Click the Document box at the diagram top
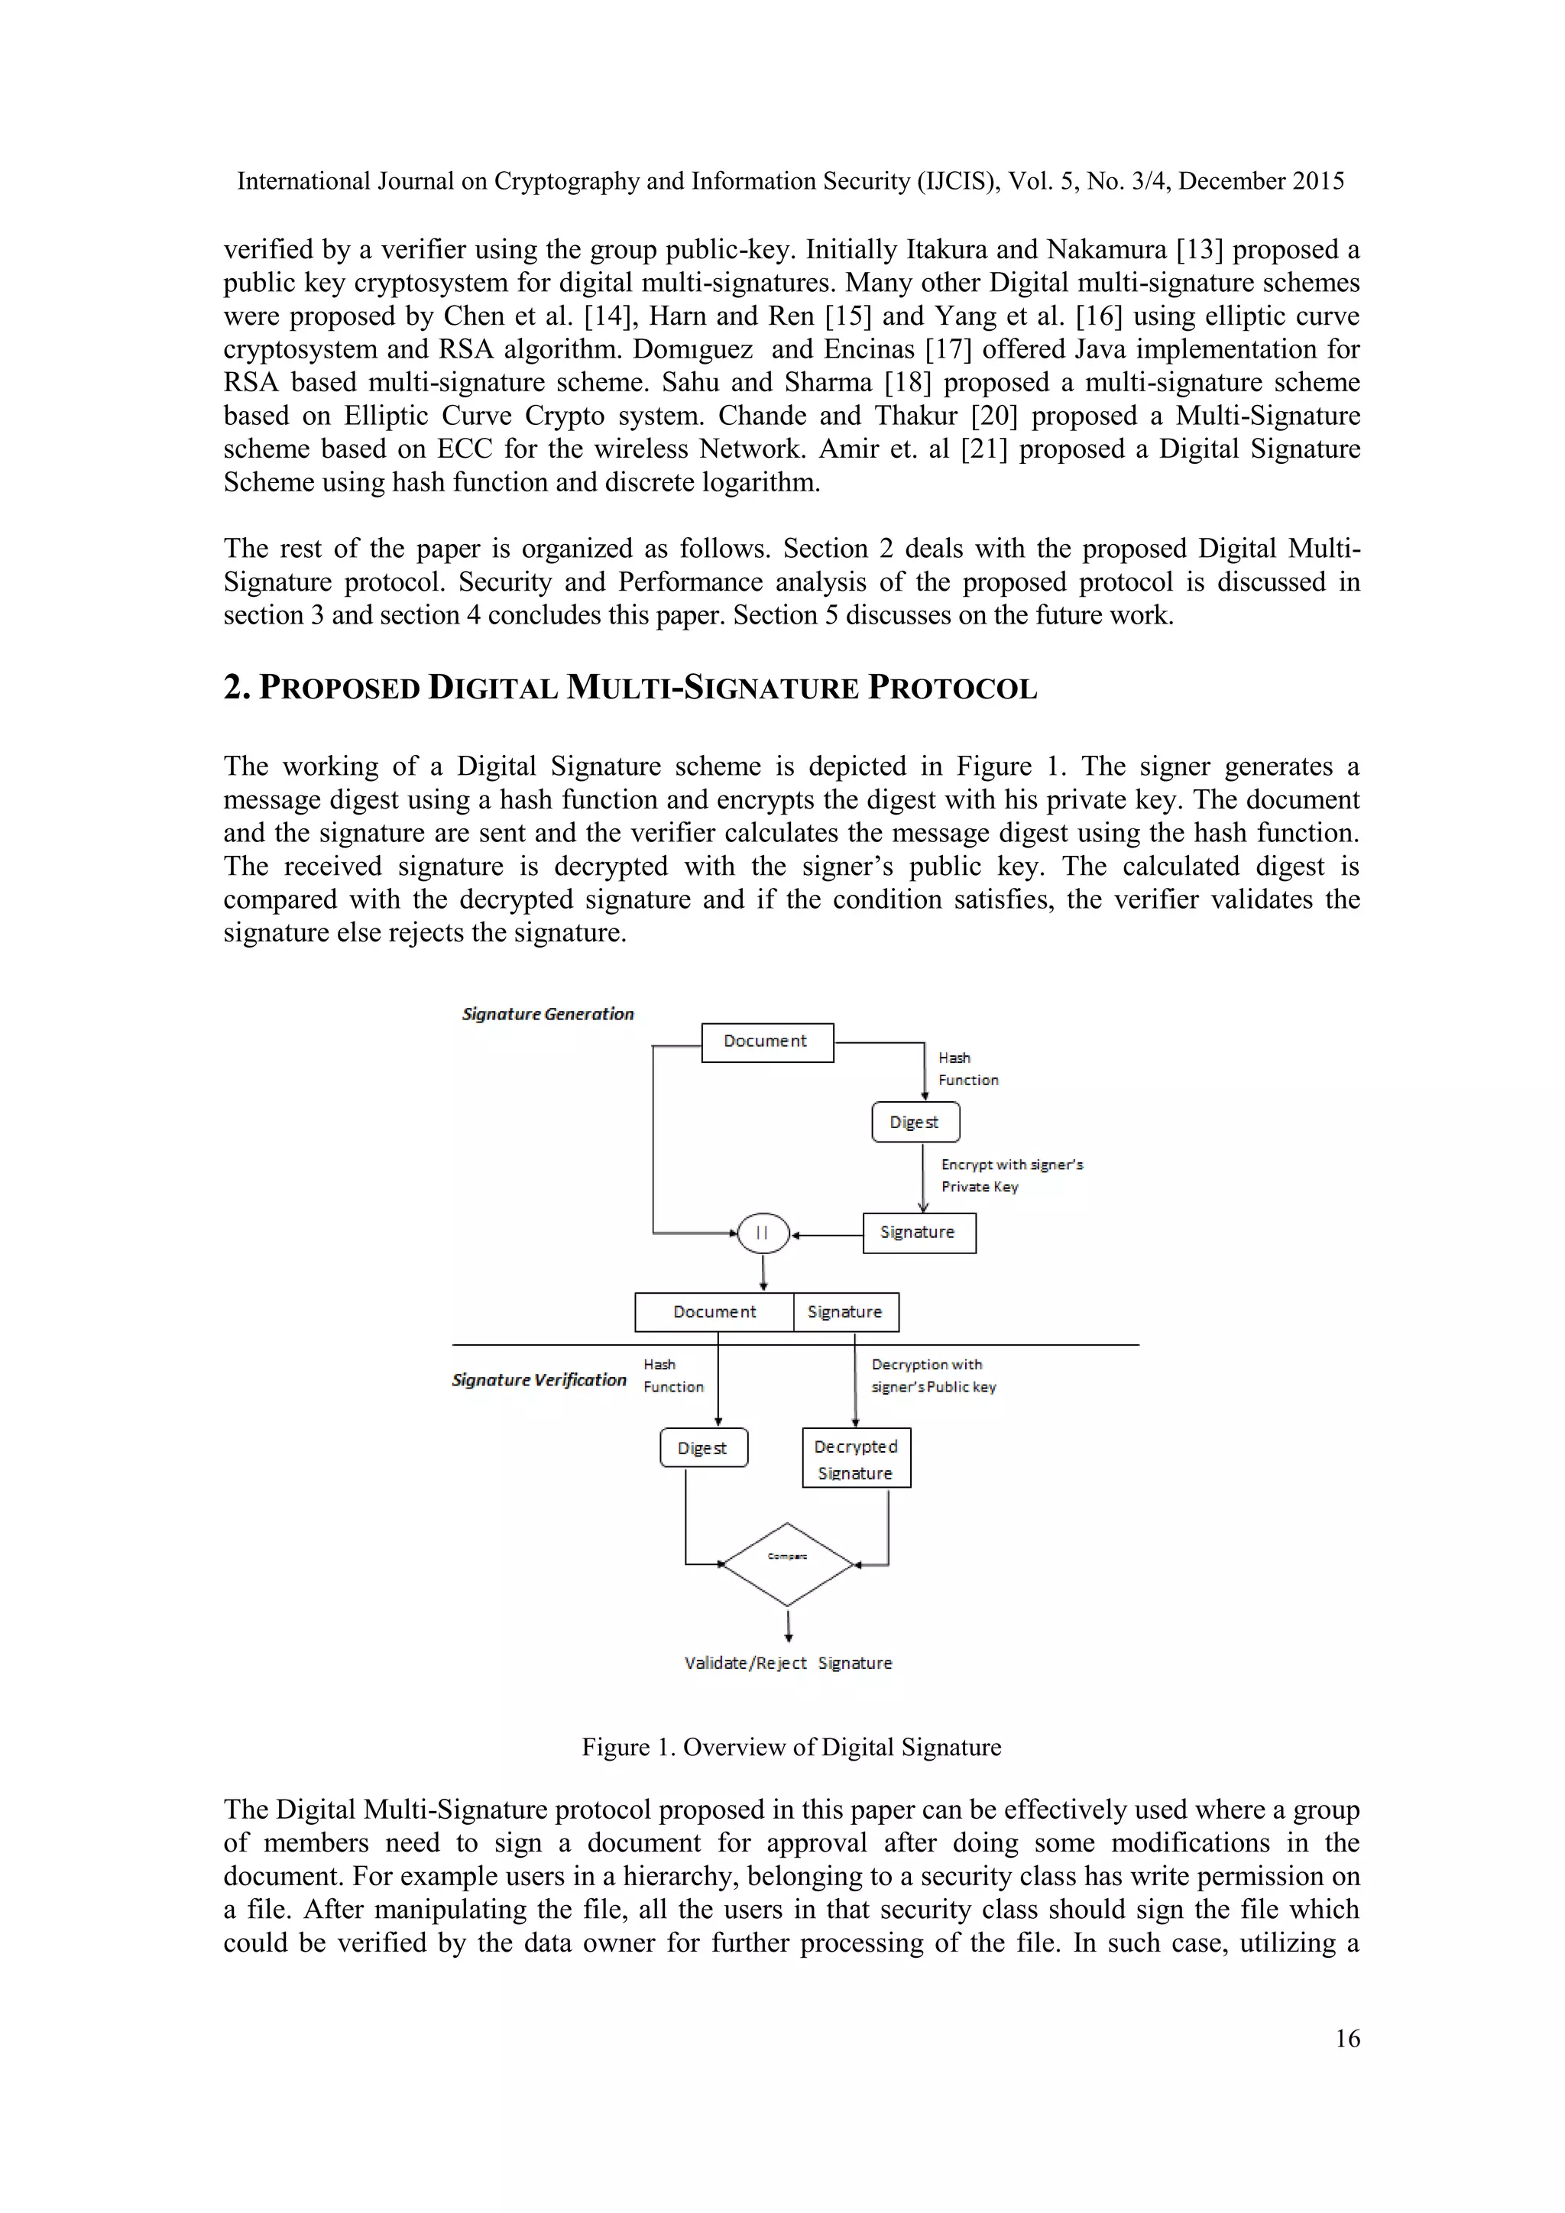coord(767,1042)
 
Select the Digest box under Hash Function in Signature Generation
coord(915,1122)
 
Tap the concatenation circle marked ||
coord(763,1233)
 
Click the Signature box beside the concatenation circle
coord(919,1233)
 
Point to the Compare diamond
coord(787,1563)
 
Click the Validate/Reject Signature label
coord(787,1663)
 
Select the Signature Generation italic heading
coord(547,1014)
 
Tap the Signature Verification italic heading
coord(539,1380)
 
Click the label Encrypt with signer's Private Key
coord(1011,1176)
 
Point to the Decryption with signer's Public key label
coord(933,1375)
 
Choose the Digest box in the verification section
coord(704,1448)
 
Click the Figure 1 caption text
coord(791,1748)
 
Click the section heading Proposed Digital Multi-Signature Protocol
coord(630,689)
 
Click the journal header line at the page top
coord(790,181)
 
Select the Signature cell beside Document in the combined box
coord(845,1312)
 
